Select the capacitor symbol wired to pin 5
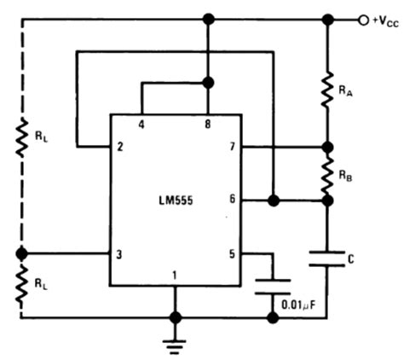[272, 285]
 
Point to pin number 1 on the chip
[176, 274]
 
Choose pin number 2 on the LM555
[121, 147]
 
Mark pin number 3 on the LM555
[121, 253]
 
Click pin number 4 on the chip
[141, 125]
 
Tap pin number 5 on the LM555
[230, 253]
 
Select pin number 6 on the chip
[230, 200]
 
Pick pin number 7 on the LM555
[230, 147]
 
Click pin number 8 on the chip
[206, 125]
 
